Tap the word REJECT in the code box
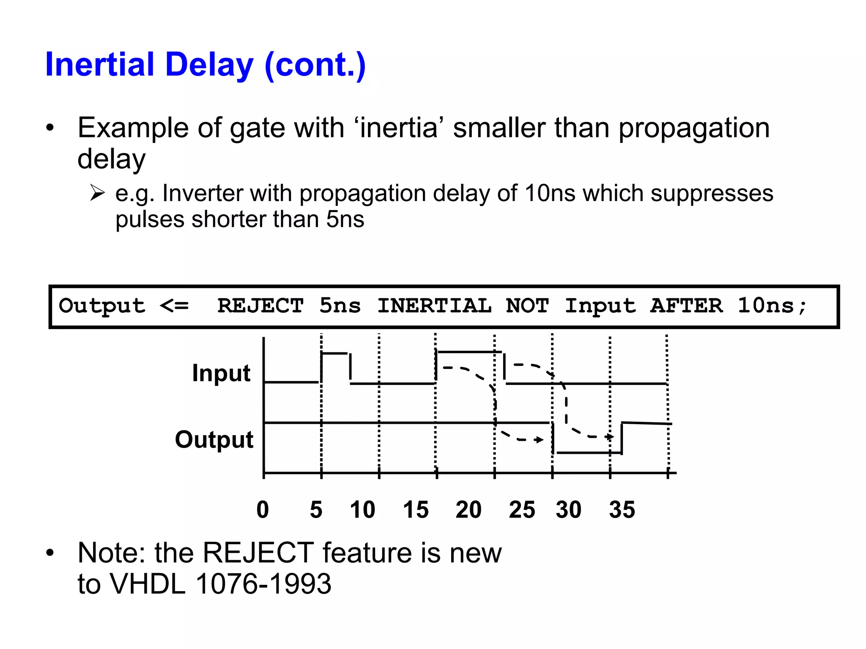[260, 305]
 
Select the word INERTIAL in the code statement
[434, 305]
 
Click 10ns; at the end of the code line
[772, 305]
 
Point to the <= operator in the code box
[174, 305]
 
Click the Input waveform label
[221, 373]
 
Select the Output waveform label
[214, 439]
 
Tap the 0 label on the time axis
[263, 510]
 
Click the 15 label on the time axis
[416, 510]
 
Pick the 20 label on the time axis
[469, 510]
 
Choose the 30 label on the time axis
[569, 510]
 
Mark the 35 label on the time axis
[622, 510]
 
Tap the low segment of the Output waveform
[588, 453]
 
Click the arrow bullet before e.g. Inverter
[97, 193]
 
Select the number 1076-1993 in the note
[263, 584]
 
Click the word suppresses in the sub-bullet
[712, 194]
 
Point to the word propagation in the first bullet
[694, 128]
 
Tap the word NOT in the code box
[527, 305]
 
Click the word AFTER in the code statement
[686, 305]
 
